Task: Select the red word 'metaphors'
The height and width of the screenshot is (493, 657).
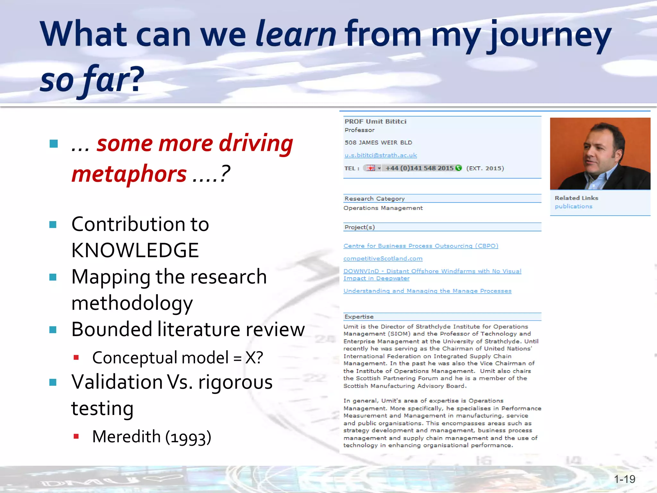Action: point(129,174)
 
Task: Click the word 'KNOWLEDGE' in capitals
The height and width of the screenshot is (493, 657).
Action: point(135,250)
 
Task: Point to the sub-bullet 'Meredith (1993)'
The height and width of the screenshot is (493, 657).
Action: point(151,437)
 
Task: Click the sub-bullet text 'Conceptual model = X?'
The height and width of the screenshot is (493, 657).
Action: point(177,358)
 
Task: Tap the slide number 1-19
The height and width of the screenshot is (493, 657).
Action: point(624,479)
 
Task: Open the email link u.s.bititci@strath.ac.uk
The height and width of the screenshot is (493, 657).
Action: point(380,155)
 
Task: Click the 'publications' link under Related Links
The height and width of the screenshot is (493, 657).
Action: point(573,206)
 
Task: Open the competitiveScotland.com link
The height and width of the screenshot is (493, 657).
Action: point(383,258)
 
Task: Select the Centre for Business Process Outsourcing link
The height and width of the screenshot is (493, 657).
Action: point(421,246)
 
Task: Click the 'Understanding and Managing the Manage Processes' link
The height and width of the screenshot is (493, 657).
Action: point(427,291)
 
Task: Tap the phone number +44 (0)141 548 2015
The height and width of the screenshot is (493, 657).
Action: point(419,168)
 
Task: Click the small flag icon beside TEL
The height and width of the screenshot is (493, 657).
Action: point(371,168)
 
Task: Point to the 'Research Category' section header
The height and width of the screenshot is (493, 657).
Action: point(374,199)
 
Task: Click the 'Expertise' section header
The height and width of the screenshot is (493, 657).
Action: point(359,317)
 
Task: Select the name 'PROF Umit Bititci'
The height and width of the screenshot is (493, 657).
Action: point(375,122)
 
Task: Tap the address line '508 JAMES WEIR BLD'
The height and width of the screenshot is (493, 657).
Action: point(378,143)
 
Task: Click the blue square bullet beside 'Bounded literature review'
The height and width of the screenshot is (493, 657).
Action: point(53,330)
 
